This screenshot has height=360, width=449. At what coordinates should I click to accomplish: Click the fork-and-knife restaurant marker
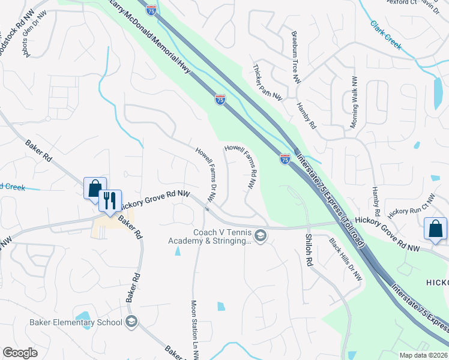[110, 200]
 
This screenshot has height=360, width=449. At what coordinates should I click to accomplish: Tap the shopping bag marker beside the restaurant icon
[95, 188]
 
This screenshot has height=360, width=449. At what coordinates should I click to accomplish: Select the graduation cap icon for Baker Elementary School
[131, 322]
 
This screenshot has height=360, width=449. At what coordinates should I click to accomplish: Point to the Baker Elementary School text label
[76, 323]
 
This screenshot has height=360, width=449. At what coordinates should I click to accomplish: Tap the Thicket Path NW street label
[268, 81]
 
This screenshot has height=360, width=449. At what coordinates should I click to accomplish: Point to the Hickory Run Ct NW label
[411, 206]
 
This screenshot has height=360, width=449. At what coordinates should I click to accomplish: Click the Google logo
[20, 353]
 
